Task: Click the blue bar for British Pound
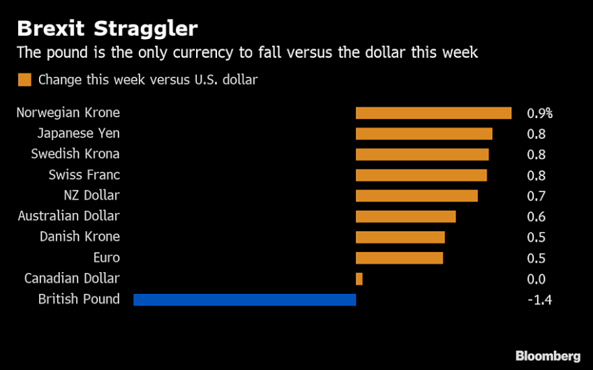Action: [x=244, y=299]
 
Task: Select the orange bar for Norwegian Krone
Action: [x=433, y=113]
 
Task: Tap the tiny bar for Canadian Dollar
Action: [x=359, y=279]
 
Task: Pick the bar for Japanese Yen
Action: [x=423, y=133]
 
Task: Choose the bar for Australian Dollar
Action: [x=405, y=216]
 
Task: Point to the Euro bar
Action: [x=399, y=258]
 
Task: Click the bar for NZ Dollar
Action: [x=416, y=195]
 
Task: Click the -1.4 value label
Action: [x=541, y=300]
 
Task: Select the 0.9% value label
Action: [x=539, y=113]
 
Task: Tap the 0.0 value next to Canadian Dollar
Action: [x=536, y=279]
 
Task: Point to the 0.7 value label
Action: [x=536, y=196]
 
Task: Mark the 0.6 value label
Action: [x=536, y=217]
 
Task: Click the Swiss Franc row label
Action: [x=84, y=175]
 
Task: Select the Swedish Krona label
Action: [x=75, y=154]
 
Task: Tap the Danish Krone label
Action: [x=80, y=237]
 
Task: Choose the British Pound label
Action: [x=79, y=299]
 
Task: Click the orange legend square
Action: [x=24, y=80]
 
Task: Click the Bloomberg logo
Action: [x=548, y=356]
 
